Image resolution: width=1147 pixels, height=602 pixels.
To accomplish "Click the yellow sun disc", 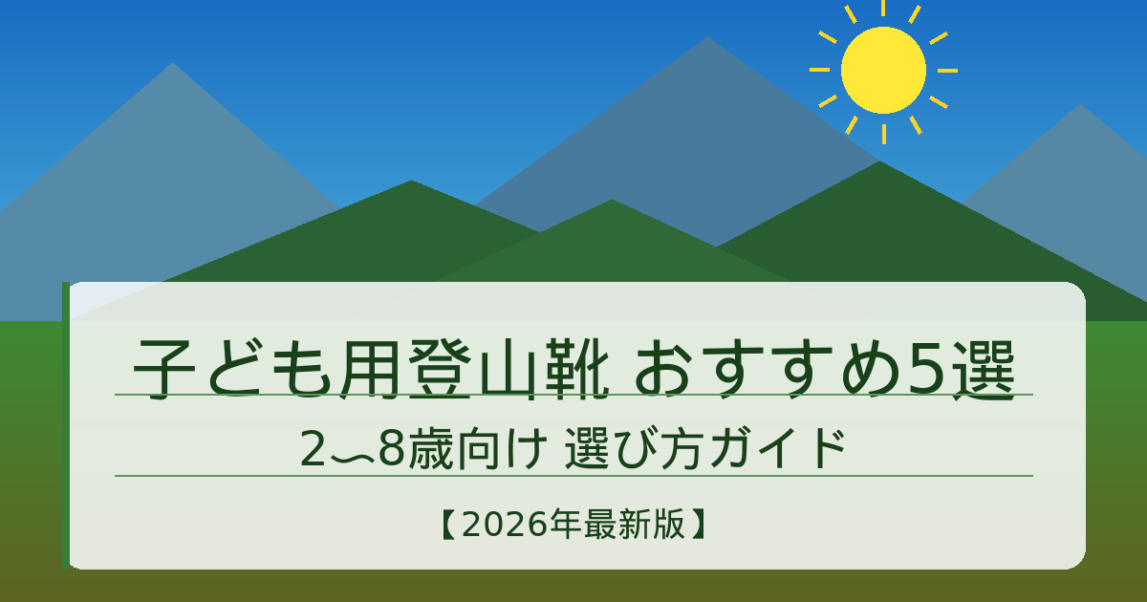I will [x=883, y=70].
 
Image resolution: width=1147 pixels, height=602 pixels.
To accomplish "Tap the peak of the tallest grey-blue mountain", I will [x=706, y=39].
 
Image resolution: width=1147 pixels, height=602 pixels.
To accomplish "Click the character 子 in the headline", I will [x=158, y=369].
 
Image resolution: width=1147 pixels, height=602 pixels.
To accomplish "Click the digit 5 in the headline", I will [x=925, y=369].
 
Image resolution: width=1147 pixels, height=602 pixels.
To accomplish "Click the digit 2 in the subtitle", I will [x=313, y=451].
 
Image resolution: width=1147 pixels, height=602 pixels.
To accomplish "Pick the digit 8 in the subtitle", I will [x=392, y=451].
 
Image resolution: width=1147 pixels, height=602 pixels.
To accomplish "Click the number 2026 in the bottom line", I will [x=503, y=525].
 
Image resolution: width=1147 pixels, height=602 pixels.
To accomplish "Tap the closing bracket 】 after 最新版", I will [x=700, y=525].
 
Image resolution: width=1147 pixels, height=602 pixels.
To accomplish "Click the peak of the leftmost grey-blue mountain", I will [x=172, y=65].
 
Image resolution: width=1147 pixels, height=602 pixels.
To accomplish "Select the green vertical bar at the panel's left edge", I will [x=65, y=425].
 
